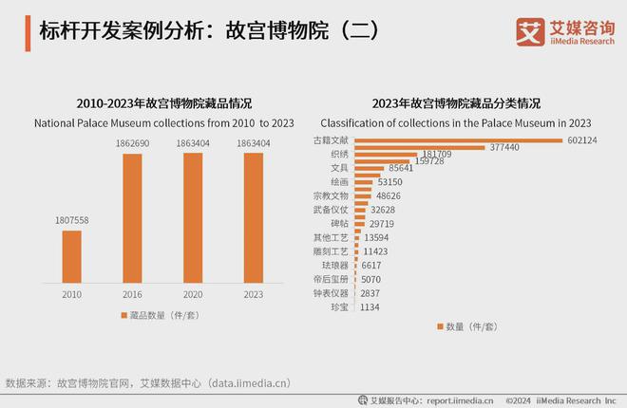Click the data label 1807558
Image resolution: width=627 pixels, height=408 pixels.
pyautogui.click(x=71, y=221)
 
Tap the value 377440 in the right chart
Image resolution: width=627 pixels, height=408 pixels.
pyautogui.click(x=503, y=147)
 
